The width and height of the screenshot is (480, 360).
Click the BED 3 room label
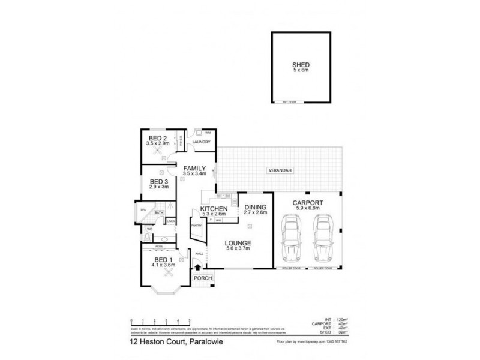click(158, 181)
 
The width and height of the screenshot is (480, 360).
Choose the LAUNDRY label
click(201, 142)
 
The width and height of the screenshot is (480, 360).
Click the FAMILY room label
click(194, 168)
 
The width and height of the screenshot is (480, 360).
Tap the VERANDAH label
click(280, 171)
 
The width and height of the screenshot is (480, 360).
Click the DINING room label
click(256, 208)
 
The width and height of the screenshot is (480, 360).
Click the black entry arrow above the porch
click(198, 269)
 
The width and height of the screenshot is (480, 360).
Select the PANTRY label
click(196, 225)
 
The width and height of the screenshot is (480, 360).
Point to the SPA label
click(143, 210)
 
